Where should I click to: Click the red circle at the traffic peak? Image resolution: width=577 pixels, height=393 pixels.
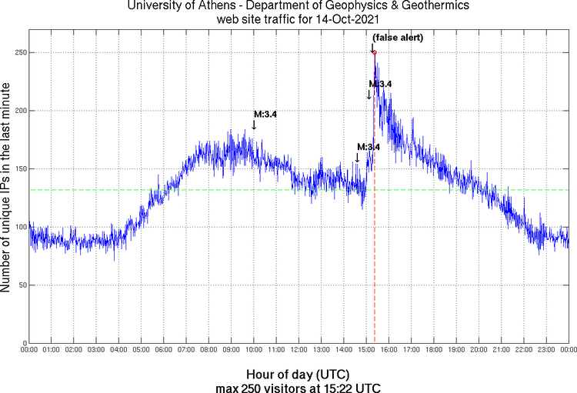(x=374, y=52)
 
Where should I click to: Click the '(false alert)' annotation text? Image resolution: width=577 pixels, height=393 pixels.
(x=398, y=38)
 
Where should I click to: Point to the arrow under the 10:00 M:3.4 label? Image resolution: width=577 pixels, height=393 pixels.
(x=255, y=125)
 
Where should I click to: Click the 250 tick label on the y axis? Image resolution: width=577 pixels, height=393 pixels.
(x=18, y=53)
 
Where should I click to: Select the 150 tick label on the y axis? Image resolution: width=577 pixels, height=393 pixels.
(x=18, y=169)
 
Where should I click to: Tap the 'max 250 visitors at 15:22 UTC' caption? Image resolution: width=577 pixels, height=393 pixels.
(x=298, y=386)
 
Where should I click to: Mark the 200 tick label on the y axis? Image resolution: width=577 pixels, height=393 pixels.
(x=18, y=111)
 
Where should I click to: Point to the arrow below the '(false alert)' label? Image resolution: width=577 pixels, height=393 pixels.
(x=372, y=46)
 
